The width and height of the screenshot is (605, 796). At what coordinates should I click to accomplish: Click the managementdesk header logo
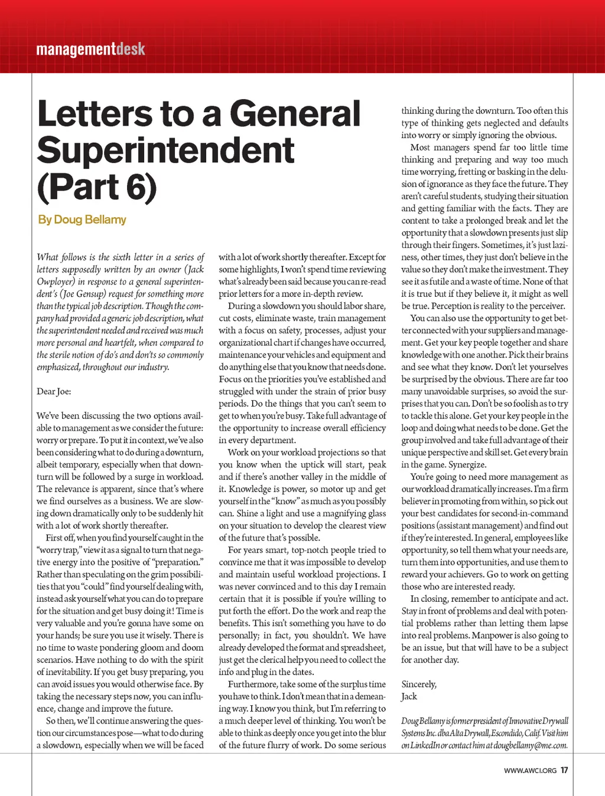[90, 49]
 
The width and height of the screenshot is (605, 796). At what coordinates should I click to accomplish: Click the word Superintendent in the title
[165, 150]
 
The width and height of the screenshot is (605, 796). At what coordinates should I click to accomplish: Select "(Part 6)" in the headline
[97, 186]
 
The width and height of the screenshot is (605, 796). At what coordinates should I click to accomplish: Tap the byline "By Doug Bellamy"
[82, 220]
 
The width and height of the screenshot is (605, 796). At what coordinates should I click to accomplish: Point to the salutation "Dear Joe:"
[54, 391]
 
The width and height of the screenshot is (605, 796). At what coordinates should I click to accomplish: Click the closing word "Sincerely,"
[419, 684]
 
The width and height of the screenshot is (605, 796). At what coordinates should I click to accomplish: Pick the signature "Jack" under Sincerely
[409, 696]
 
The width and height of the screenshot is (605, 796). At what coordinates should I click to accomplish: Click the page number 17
[564, 770]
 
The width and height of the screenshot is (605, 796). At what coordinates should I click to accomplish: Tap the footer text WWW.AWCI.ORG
[530, 771]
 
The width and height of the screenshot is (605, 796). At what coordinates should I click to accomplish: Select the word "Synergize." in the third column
[467, 464]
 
